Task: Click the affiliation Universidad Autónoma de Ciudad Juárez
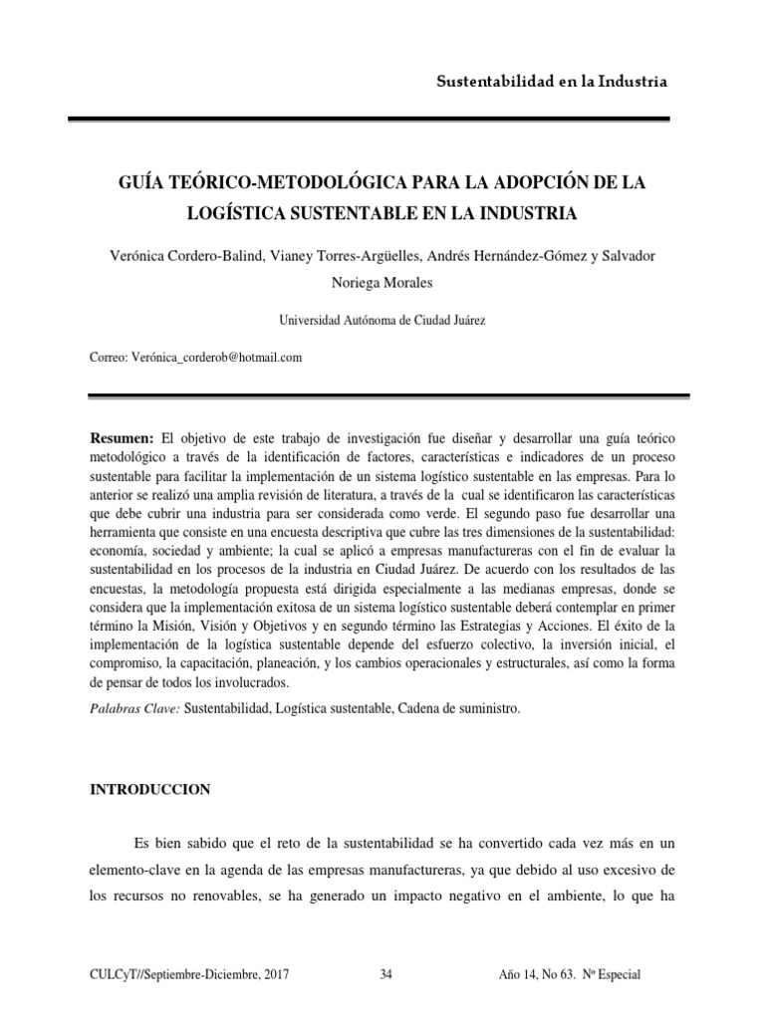382,320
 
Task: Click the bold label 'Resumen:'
123,439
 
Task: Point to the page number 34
386,975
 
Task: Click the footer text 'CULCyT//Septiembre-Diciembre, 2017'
191,975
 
